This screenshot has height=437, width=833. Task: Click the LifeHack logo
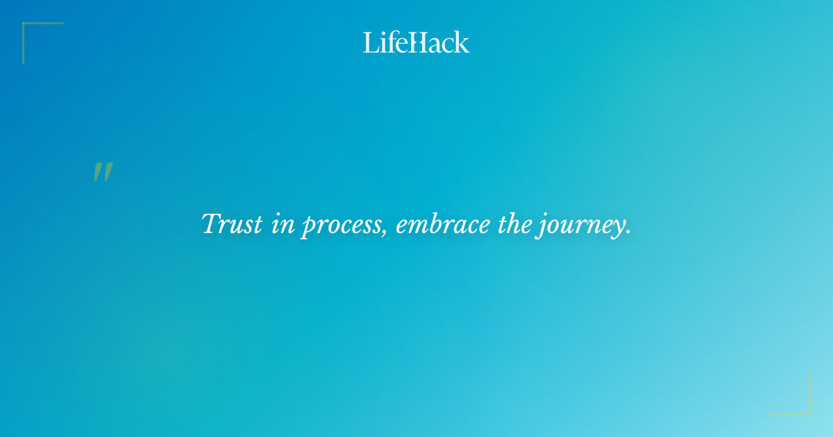(416, 42)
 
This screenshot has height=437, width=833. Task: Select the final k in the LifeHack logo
(462, 43)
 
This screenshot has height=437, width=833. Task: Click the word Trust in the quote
(232, 224)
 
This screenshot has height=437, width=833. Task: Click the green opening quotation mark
(103, 172)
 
